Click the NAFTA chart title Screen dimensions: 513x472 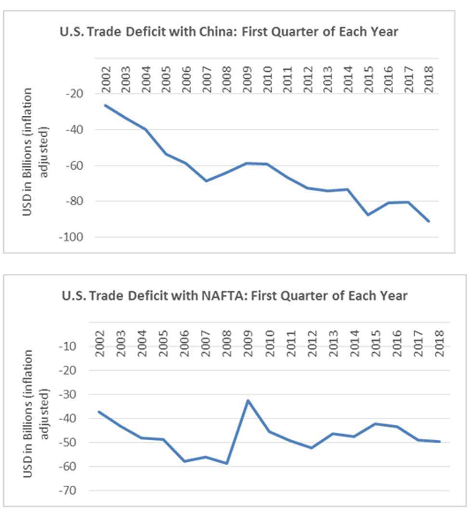235,295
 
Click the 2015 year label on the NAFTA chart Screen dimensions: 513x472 375,343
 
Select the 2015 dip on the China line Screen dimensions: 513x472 368,215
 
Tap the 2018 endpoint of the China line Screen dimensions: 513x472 429,221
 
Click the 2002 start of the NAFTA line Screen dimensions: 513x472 99,411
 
